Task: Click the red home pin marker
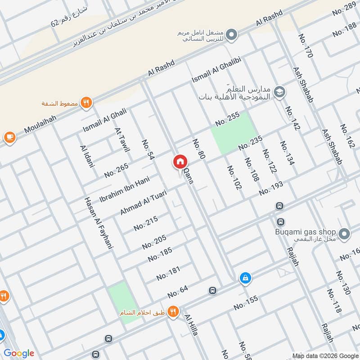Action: [x=180, y=162]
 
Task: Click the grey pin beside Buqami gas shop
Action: [x=345, y=234]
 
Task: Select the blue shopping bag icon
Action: [x=245, y=278]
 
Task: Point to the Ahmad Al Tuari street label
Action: [x=144, y=202]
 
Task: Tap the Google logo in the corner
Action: [x=19, y=353]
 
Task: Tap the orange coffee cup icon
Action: [x=9, y=137]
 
